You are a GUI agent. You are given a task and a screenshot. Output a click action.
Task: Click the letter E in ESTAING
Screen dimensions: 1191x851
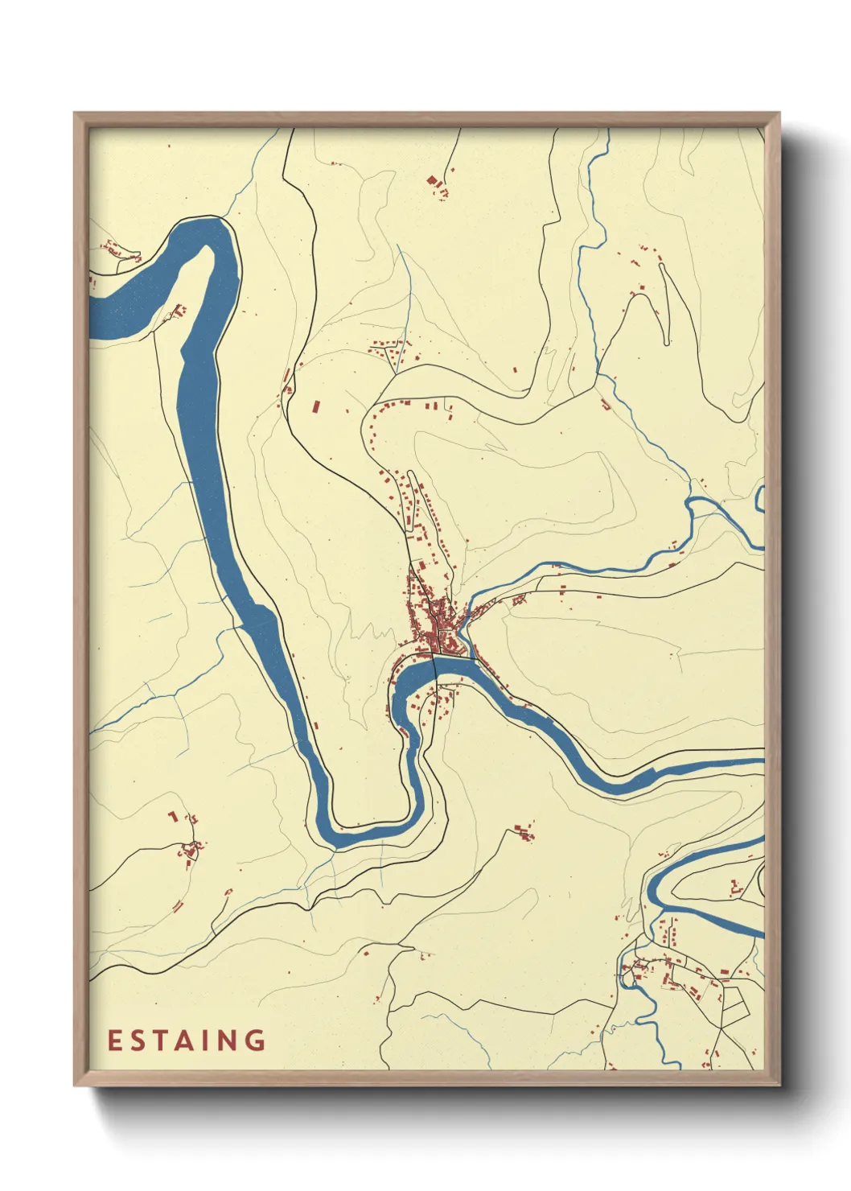[114, 1041]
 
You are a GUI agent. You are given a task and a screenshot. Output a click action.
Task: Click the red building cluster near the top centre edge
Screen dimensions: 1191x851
[437, 186]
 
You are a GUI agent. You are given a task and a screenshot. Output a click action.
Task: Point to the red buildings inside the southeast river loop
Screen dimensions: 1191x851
[735, 888]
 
